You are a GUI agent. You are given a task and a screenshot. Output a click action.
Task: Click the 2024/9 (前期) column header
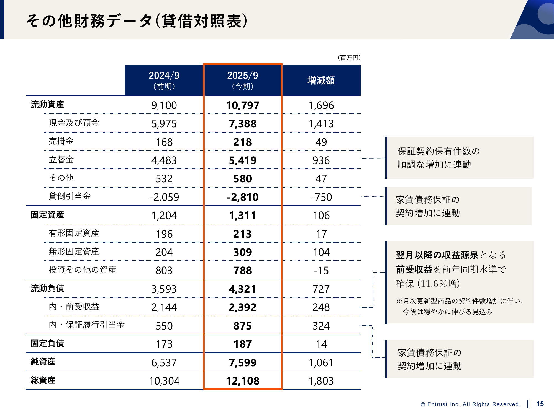tap(164, 80)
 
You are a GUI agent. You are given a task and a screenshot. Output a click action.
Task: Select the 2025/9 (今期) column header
tap(243, 80)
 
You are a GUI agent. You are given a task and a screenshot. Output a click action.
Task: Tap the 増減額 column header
tap(321, 81)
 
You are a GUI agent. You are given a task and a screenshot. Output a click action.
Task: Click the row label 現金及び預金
tap(74, 123)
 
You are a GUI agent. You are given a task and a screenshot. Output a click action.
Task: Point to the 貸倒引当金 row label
tap(70, 196)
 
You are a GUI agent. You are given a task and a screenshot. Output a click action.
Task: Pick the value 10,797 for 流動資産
tap(243, 105)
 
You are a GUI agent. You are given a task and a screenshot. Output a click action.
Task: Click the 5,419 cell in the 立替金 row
tap(243, 160)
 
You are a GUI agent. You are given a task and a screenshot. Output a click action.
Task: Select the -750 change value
tap(321, 197)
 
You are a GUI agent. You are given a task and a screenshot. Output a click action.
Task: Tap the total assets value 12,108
tap(243, 381)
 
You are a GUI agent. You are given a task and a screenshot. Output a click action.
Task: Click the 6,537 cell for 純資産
tap(164, 363)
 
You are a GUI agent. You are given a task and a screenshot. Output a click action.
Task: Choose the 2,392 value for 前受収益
tap(243, 307)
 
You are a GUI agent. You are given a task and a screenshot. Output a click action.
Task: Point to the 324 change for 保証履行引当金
tap(321, 326)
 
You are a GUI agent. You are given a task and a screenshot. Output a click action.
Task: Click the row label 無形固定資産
tap(74, 251)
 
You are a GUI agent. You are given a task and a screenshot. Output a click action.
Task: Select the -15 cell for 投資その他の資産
tap(321, 271)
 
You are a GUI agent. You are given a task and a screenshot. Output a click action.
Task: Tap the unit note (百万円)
tap(349, 58)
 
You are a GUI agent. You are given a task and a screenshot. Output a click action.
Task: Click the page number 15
tap(540, 404)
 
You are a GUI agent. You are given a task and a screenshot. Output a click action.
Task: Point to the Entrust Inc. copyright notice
tap(470, 404)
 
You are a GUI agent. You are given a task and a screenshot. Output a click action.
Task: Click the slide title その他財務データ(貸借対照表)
tap(137, 21)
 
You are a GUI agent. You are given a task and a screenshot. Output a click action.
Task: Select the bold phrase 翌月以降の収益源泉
tap(437, 255)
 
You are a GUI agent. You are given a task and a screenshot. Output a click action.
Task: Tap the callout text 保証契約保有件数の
tap(438, 151)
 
